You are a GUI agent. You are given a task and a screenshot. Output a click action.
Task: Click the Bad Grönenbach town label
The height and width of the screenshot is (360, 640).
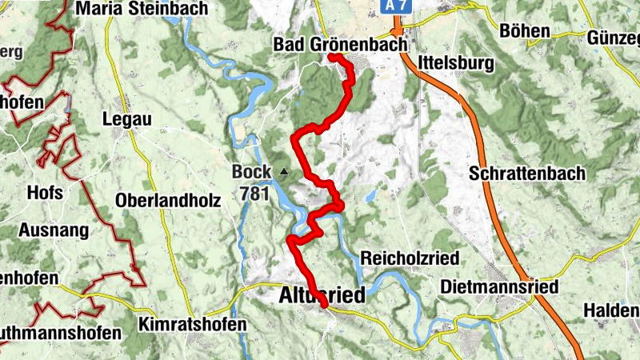340,43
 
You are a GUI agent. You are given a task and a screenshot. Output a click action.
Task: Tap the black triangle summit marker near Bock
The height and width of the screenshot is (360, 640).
283,171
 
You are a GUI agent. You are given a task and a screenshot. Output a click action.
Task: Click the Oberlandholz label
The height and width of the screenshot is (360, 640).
168,200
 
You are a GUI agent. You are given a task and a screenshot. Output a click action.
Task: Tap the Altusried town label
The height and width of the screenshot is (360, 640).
322,294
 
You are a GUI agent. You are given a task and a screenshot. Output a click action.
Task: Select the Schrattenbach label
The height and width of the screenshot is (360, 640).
527,173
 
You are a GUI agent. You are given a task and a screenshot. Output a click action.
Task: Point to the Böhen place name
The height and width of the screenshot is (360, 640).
524,31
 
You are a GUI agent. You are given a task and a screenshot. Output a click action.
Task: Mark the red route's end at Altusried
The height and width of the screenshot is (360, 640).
325,305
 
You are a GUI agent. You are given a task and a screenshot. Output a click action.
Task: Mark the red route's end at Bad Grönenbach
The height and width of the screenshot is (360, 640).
330,58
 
